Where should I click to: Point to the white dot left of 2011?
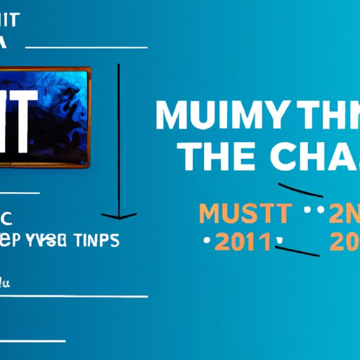tap(206, 242)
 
